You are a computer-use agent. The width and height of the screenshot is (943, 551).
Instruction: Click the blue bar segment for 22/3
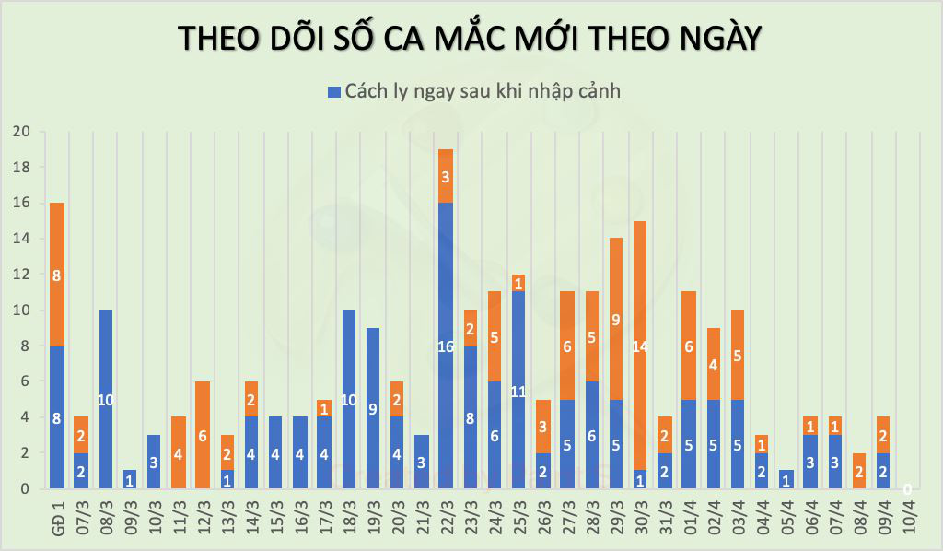click(x=446, y=346)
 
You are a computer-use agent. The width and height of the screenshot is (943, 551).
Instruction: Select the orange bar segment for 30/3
click(x=640, y=346)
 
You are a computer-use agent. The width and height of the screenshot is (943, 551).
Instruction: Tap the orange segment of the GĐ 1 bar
click(x=57, y=274)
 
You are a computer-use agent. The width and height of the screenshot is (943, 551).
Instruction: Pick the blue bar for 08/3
click(x=106, y=399)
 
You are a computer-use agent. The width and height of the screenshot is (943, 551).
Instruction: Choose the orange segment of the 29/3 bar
click(x=616, y=318)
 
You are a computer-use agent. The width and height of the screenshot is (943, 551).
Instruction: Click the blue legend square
click(x=333, y=91)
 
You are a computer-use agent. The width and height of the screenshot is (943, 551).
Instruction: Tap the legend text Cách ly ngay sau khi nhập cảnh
click(x=482, y=91)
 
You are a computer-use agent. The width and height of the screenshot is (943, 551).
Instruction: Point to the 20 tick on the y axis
click(x=21, y=132)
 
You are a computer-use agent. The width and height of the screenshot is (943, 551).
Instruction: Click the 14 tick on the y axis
click(x=21, y=239)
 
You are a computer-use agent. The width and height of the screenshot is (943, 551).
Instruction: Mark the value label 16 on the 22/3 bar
click(x=446, y=346)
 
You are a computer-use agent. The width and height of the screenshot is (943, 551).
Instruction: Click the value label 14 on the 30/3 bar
click(x=640, y=347)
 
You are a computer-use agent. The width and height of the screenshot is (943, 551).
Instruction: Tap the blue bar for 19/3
click(x=372, y=408)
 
